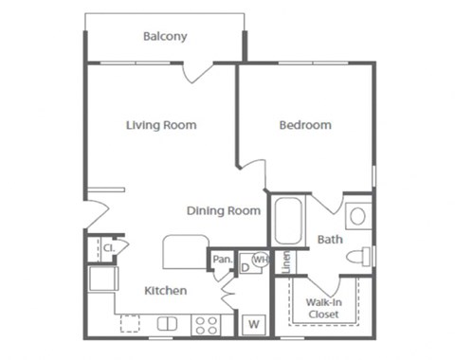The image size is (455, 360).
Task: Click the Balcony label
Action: point(165,37)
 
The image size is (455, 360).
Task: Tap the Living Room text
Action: point(161,125)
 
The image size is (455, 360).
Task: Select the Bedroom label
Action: point(305,125)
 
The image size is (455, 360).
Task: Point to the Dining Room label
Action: point(224,210)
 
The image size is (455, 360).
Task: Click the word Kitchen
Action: point(165,291)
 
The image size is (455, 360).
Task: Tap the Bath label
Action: point(330,240)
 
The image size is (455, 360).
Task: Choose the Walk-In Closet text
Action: point(323,308)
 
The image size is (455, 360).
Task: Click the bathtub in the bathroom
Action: point(286,222)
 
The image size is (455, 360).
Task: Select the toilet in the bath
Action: point(357,256)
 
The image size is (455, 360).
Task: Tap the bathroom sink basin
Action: point(357,216)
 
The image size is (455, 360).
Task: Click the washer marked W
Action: point(254,324)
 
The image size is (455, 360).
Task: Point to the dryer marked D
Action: point(245,267)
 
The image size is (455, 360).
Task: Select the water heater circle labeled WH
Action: point(258,259)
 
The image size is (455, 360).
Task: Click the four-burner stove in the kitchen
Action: point(206,325)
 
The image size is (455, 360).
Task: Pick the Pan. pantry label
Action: point(222,259)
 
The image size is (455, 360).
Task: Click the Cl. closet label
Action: point(108,248)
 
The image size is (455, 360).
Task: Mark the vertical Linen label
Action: point(286,261)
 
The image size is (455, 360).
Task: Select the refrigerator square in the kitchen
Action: point(101,279)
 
